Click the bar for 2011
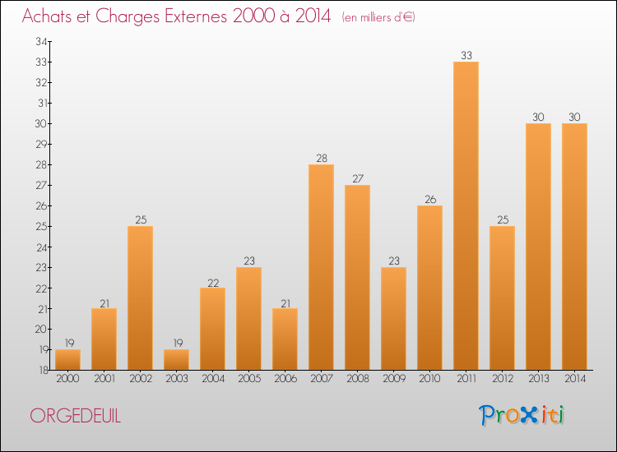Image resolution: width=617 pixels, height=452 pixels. pos(466,215)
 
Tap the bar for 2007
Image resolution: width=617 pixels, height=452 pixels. pos(321,267)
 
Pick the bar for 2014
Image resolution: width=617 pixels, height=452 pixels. pos(574,247)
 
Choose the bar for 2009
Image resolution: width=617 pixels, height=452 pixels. pos(393,318)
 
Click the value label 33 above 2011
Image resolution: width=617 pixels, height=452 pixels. pos(466,55)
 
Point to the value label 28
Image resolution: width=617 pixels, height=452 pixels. pos(321,158)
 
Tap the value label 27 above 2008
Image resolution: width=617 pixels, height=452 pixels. pos(357,178)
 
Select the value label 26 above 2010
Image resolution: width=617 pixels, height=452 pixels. pos(429,199)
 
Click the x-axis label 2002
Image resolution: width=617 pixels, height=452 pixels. pos(140,379)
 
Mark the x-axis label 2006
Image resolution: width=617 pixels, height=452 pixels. pos(285,379)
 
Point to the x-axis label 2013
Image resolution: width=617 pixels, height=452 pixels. pos(538,379)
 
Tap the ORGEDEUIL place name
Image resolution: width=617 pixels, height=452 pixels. pos(75,417)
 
